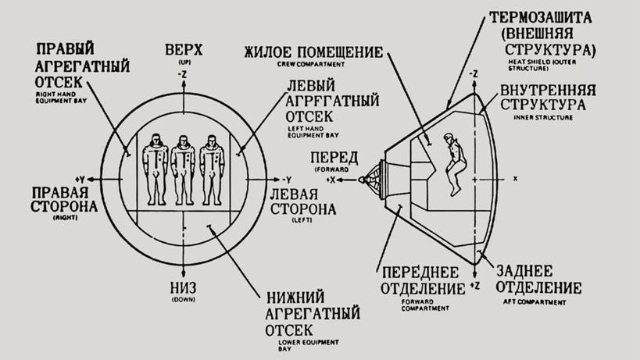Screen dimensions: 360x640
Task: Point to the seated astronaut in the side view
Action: tap(452, 162)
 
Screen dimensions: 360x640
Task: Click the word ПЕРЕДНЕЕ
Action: tap(414, 273)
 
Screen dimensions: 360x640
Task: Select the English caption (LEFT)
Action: tap(301, 221)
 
